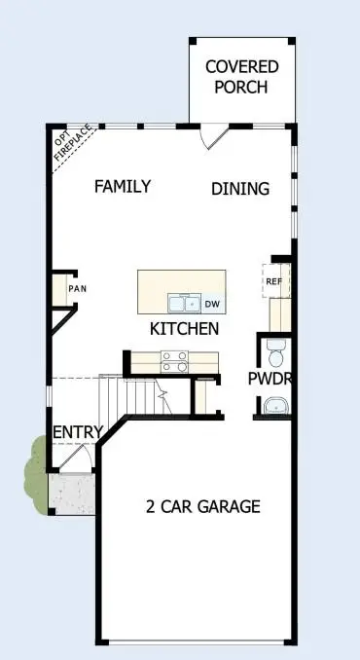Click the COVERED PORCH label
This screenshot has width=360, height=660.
[241, 76]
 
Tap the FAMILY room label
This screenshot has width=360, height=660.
[122, 186]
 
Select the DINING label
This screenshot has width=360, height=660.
[240, 189]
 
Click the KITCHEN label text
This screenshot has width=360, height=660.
[184, 329]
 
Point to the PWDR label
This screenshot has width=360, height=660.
[271, 378]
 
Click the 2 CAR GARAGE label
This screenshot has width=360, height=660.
[202, 506]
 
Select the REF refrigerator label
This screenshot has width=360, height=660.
[273, 281]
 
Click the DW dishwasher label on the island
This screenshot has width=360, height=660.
[211, 303]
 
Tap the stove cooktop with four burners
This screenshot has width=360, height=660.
[174, 361]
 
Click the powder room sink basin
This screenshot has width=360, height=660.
[276, 404]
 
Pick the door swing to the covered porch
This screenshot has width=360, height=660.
[216, 136]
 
